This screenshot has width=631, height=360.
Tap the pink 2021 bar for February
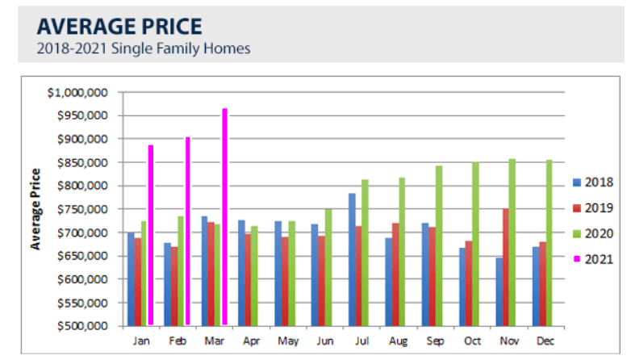(188, 231)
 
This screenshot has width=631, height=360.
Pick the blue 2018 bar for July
(353, 259)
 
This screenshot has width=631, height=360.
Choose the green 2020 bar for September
(439, 245)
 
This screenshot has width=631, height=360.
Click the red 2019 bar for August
(395, 274)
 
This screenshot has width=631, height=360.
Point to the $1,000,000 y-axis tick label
(79, 92)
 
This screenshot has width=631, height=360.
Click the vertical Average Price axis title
(36, 208)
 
